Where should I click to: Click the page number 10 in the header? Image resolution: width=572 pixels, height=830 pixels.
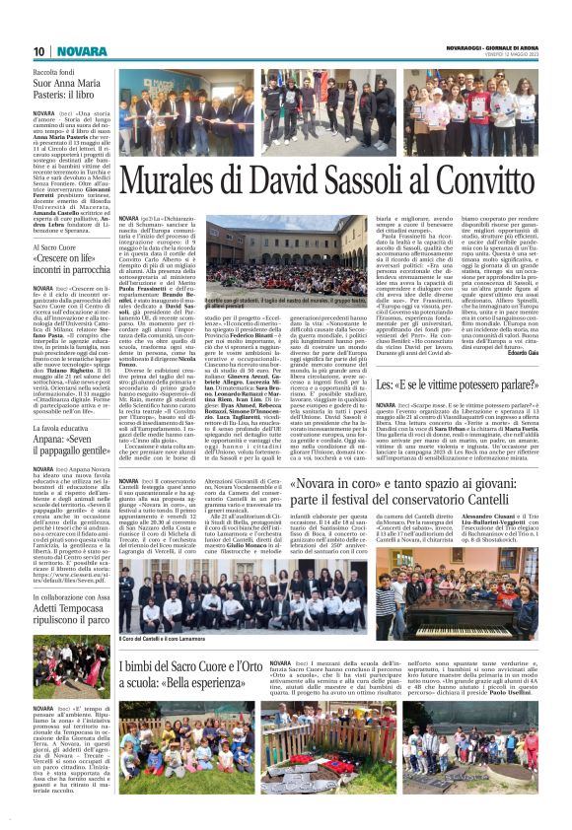pyautogui.click(x=40, y=50)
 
